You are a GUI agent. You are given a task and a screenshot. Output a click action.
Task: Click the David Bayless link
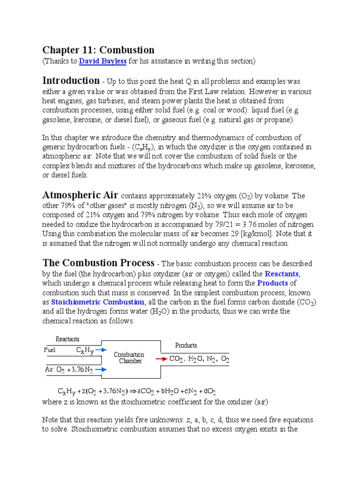[x=103, y=61]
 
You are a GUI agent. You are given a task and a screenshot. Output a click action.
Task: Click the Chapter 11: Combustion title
[x=98, y=50]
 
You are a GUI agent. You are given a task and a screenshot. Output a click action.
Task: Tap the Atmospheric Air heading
[x=81, y=195]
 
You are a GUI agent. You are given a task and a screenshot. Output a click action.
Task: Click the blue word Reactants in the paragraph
[x=282, y=273]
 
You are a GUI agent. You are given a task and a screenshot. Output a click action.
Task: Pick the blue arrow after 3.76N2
[x=100, y=369]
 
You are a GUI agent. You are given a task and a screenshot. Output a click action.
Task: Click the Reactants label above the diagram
[x=67, y=339]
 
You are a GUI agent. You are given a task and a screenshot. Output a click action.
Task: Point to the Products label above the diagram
[x=186, y=345]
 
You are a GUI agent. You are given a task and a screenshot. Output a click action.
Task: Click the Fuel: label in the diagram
[x=50, y=350]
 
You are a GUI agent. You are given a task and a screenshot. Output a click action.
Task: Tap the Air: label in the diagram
[x=50, y=369]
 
